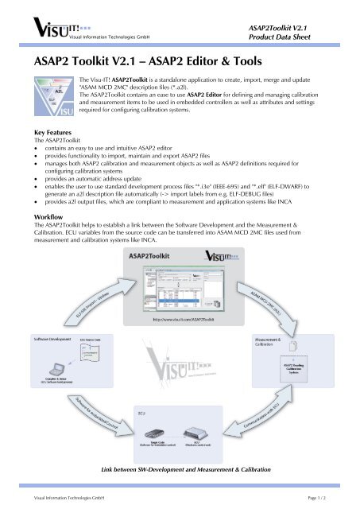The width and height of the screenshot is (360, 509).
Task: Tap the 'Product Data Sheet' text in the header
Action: tap(305, 37)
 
